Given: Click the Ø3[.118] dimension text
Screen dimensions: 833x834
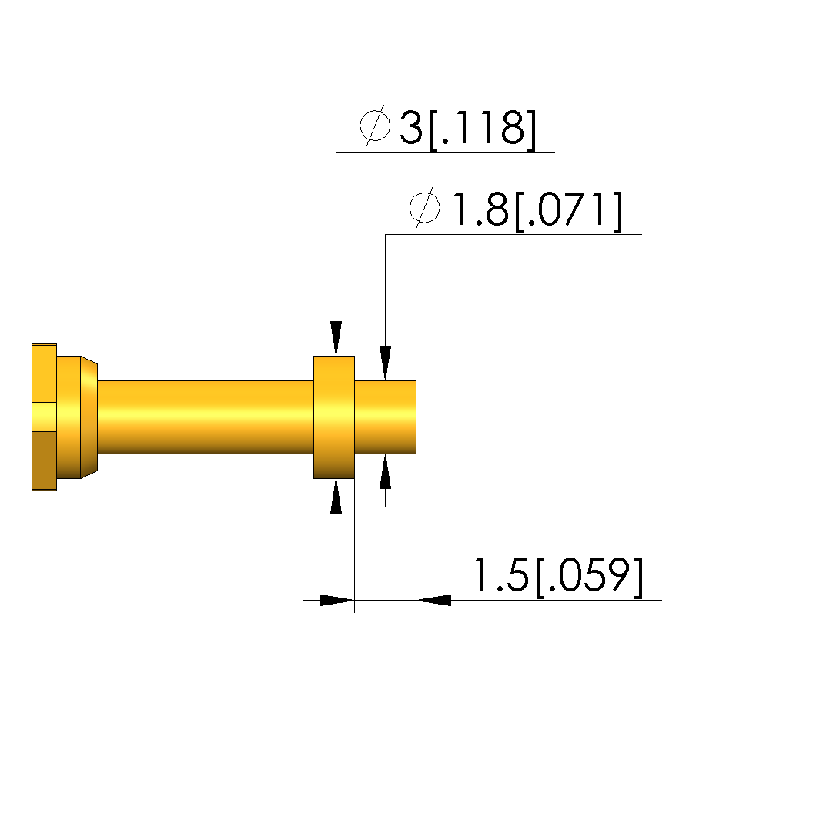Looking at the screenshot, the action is coord(448,128).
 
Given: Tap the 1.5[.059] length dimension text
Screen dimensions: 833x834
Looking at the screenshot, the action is coord(557,576).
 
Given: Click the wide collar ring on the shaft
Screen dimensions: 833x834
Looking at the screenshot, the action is coord(334,417).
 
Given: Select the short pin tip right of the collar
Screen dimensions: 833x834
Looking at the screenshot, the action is coord(385,417).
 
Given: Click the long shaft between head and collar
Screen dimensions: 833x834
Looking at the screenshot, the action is coord(206,417).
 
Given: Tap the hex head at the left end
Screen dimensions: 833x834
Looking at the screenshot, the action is coord(44,417).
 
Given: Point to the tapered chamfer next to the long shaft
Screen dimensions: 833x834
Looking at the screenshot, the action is coord(89,417).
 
